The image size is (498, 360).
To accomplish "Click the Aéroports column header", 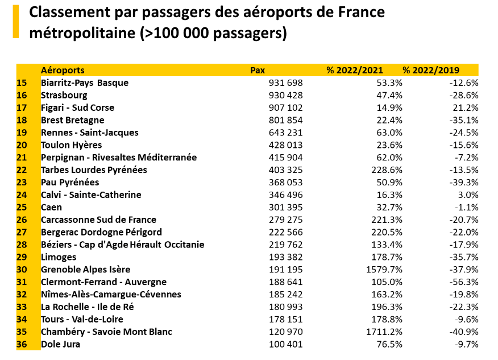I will click(63, 71).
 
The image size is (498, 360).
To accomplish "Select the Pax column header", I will click(258, 71).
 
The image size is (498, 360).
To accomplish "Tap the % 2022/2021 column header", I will click(355, 71).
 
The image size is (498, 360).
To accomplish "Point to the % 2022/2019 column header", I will click(431, 71).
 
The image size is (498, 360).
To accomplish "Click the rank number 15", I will click(22, 83).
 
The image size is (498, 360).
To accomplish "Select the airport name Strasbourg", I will click(64, 96).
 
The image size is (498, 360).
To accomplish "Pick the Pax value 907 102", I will click(285, 108).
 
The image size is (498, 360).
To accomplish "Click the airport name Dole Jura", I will click(60, 344).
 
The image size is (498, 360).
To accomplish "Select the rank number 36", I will click(22, 344).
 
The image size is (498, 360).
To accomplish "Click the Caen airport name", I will click(51, 208).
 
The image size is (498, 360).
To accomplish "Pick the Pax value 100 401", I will click(285, 344).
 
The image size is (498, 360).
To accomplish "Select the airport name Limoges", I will click(59, 257).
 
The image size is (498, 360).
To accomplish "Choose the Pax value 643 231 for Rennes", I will click(285, 133).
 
